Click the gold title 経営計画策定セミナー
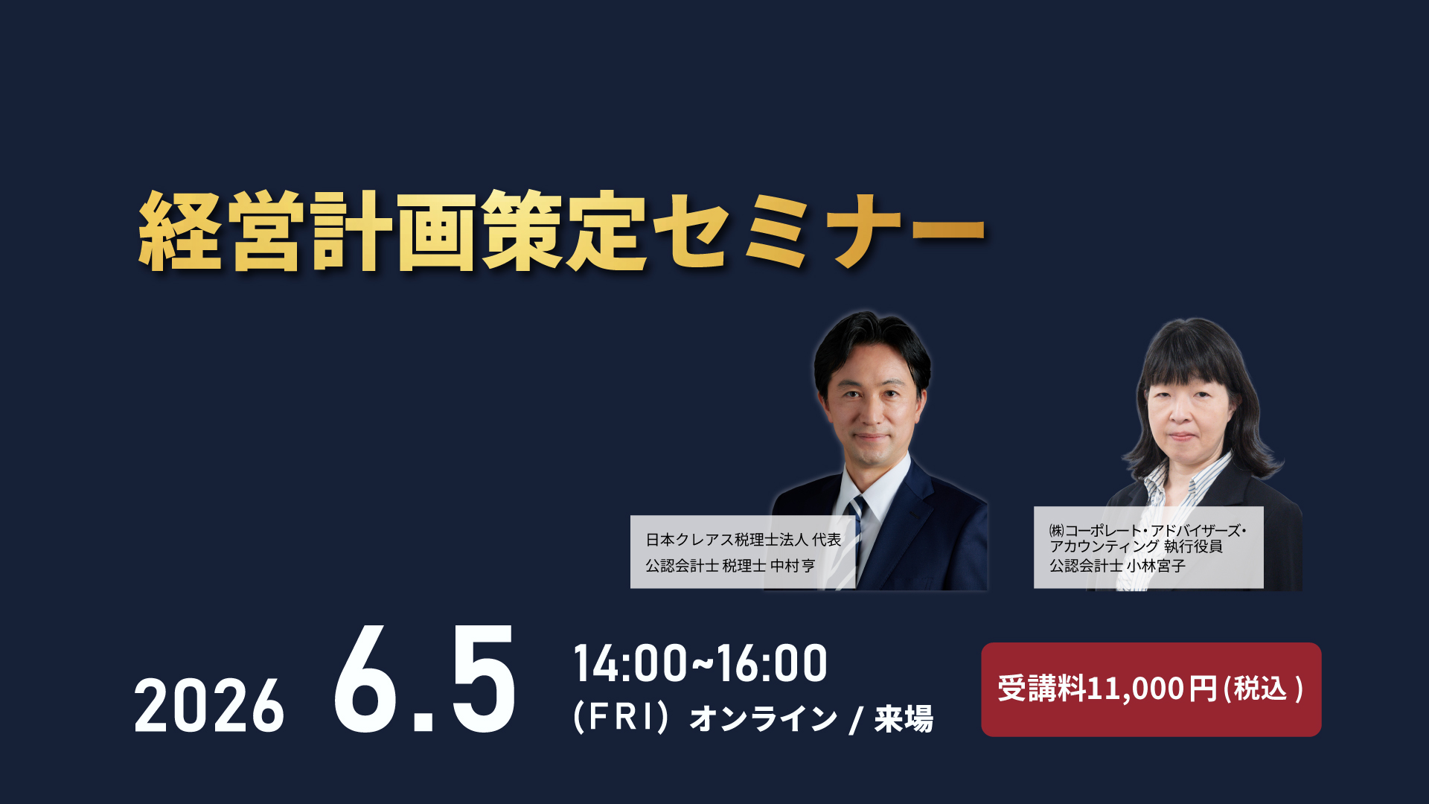(562, 232)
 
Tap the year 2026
(209, 706)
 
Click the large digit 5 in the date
(483, 678)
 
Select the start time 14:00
(630, 663)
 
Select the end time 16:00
(771, 663)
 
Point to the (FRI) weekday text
(621, 718)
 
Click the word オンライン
(764, 718)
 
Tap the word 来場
(904, 718)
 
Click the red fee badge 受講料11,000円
(1151, 689)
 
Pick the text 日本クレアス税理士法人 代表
(744, 540)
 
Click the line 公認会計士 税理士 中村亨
(730, 566)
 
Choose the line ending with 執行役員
(1136, 546)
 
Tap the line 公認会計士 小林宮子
(1117, 566)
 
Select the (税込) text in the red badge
(1264, 689)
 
